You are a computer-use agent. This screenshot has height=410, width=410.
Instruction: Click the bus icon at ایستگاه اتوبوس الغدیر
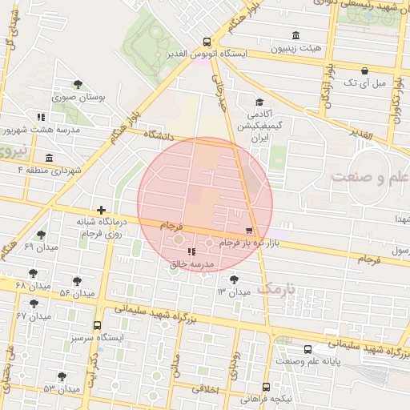pyautogui.click(x=207, y=42)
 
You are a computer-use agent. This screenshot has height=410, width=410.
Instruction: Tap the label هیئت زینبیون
pyautogui.click(x=297, y=48)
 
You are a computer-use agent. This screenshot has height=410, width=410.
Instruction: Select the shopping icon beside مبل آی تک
pyautogui.click(x=364, y=71)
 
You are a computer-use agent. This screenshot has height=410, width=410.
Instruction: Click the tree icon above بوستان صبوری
pyautogui.click(x=77, y=84)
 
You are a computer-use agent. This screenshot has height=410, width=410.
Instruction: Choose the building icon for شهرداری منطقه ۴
pyautogui.click(x=50, y=158)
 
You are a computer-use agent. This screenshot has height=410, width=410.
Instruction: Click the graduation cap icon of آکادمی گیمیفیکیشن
pyautogui.click(x=259, y=102)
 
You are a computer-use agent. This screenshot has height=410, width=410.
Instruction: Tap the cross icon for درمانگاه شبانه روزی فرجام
pyautogui.click(x=101, y=208)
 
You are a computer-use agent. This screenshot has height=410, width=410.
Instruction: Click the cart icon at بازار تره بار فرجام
pyautogui.click(x=249, y=231)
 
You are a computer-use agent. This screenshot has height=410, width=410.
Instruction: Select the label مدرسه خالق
pyautogui.click(x=191, y=263)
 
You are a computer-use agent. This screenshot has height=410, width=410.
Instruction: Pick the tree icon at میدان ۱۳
pyautogui.click(x=233, y=279)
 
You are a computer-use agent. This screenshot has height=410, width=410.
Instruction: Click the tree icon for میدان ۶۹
pyautogui.click(x=41, y=235)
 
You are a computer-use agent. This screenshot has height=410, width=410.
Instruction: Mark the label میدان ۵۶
pyautogui.click(x=77, y=293)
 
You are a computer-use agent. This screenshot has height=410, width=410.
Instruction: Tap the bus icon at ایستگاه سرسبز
pyautogui.click(x=97, y=326)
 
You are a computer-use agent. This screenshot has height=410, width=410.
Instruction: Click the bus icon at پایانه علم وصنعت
pyautogui.click(x=308, y=349)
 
